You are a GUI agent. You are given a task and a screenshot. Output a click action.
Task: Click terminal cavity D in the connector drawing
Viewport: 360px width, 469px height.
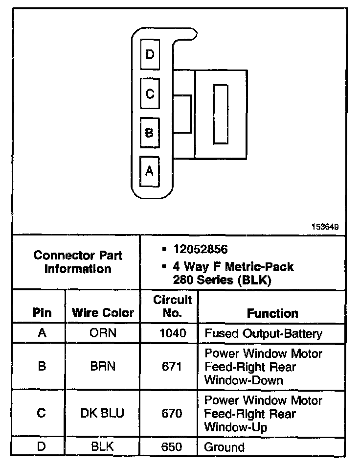coord(150,54)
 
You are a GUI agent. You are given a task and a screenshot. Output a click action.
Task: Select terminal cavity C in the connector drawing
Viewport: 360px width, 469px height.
coord(150,93)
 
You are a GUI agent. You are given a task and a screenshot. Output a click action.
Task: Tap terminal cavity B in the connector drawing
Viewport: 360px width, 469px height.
coord(150,132)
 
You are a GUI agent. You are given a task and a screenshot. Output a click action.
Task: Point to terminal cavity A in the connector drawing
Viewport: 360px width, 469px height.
coord(150,171)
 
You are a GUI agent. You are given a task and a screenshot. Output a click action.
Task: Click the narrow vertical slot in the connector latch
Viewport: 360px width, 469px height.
coord(221,114)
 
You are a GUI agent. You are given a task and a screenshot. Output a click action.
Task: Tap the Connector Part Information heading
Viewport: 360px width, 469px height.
coord(78,262)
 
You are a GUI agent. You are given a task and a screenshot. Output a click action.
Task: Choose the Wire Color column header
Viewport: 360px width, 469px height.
coord(103,313)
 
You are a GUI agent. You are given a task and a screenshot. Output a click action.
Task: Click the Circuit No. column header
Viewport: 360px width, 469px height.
coord(173,306)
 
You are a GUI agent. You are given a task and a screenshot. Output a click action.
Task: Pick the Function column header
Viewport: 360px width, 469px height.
coord(272,313)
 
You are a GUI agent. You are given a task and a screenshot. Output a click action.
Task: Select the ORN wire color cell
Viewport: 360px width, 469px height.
coord(103,334)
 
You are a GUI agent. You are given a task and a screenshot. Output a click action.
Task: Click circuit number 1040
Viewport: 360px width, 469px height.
coord(173,334)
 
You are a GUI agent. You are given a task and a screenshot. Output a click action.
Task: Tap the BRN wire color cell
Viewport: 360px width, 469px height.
coord(103,366)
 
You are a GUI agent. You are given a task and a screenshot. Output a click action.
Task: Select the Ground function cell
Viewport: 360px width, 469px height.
coord(224,446)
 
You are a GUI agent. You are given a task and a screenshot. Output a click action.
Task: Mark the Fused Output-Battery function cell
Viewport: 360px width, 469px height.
coord(263,334)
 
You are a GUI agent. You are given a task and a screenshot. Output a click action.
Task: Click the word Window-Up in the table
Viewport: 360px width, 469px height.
coord(235,427)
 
